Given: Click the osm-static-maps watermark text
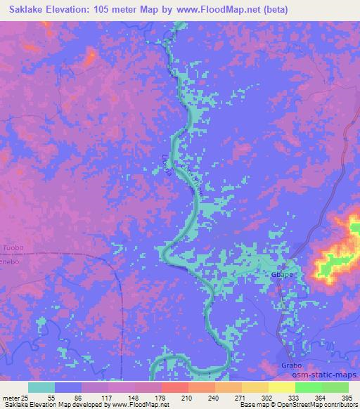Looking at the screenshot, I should [x=328, y=377].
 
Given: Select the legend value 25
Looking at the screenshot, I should [x=27, y=398].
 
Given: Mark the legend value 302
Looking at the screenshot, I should [x=267, y=398].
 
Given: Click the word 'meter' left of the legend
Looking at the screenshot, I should [x=10, y=398].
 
